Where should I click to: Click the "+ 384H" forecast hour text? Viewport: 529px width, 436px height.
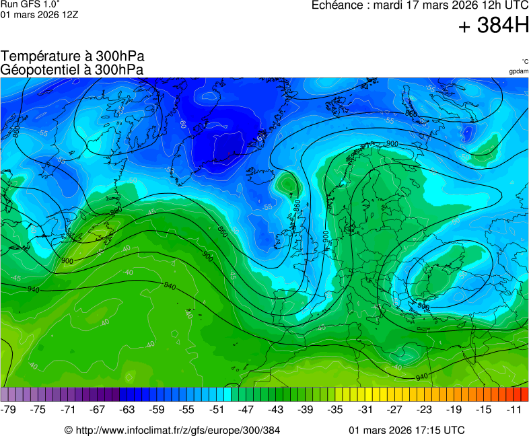coord(493,26)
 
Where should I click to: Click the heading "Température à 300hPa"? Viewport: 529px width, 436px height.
coord(73,57)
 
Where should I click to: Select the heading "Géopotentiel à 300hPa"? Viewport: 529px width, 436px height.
coord(72,69)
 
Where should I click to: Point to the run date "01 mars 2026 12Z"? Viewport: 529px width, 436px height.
coord(39,14)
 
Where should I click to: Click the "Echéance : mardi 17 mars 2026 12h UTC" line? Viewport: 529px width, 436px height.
coord(420,5)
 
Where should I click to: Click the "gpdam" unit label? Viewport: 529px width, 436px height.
coord(518,71)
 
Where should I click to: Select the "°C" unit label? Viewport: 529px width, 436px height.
coord(524,61)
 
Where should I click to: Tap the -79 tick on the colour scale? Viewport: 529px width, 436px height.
coord(9,409)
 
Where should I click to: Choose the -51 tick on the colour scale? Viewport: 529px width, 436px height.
coord(217,409)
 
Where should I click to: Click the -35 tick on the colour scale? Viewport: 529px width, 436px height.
coord(335,409)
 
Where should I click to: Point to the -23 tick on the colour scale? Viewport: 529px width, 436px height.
coord(424,409)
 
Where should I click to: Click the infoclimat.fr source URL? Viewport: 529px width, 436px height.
coord(172,430)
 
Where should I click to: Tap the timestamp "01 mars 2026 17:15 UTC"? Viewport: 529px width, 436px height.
coord(407,430)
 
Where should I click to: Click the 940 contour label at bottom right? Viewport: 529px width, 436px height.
coord(422,377)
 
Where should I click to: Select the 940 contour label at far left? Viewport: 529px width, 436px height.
coord(33,289)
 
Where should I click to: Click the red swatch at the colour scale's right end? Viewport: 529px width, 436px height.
coord(524,394)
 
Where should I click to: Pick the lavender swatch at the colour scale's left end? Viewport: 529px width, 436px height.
coord(5,394)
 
